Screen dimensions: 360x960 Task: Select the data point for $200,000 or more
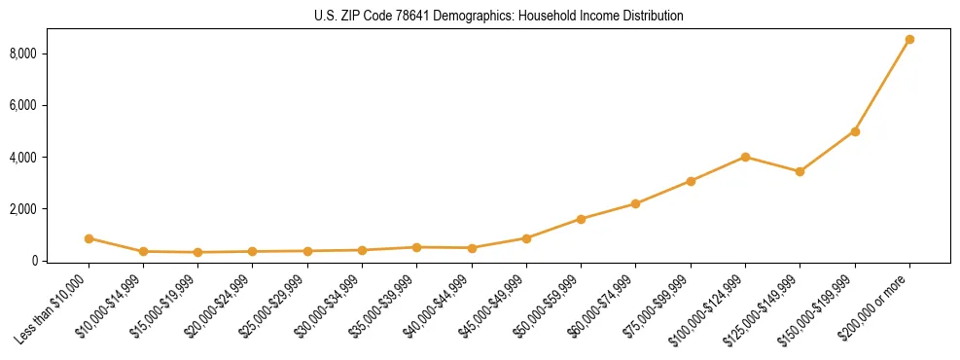(909, 40)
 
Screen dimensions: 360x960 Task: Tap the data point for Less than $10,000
(89, 238)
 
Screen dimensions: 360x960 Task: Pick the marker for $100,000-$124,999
(745, 157)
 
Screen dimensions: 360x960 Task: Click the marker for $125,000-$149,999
(800, 171)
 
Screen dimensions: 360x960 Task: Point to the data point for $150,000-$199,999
(855, 131)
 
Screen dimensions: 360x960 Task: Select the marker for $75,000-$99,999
(691, 181)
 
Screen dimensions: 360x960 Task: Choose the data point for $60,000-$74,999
(635, 203)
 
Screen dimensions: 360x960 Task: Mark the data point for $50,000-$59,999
(581, 219)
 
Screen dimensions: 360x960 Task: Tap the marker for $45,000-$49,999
(526, 238)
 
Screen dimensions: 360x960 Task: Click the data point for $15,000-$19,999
(198, 252)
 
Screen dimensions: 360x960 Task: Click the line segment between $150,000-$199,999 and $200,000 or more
(882, 86)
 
